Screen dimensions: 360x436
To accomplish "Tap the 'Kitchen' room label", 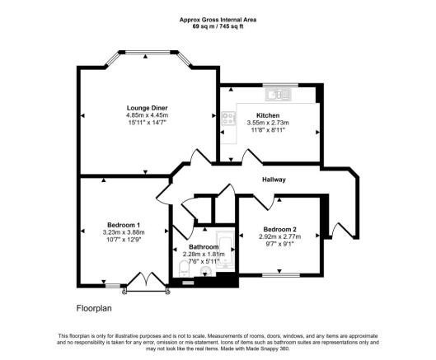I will coord(268,115).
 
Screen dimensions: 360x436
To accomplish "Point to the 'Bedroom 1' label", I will coord(124,225).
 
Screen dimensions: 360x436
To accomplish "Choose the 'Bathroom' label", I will coord(203,246).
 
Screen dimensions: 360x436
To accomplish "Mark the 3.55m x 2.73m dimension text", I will coord(268,123).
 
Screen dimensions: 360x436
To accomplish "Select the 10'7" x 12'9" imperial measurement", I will coord(124,240).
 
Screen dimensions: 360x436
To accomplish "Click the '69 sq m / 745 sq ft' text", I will coord(218,26).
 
